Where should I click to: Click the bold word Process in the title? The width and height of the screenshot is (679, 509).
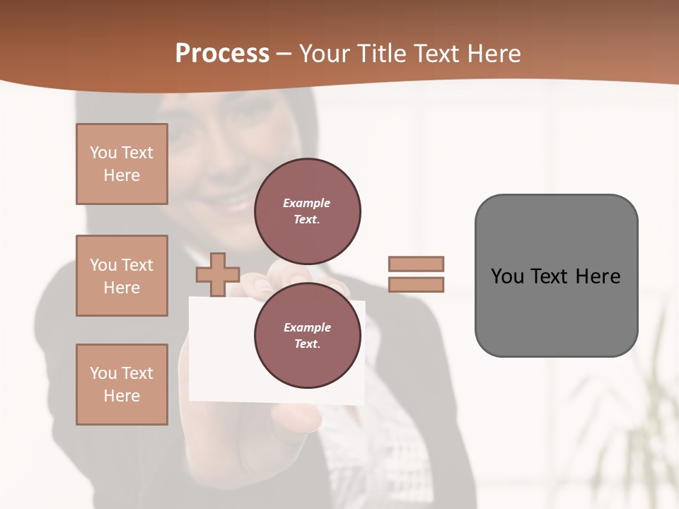222,54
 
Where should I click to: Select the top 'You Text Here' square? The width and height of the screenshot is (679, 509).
122,164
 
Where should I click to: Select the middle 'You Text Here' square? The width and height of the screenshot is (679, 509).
122,276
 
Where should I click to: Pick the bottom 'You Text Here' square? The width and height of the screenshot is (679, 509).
122,385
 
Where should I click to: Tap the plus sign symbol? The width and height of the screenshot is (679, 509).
218,274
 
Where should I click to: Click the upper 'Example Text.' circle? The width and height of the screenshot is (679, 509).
308,211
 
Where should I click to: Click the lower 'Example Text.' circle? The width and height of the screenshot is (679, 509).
308,335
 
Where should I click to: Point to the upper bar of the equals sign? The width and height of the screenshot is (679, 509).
416,264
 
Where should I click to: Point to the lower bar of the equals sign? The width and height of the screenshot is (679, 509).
416,284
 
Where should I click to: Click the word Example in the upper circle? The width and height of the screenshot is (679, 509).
306,203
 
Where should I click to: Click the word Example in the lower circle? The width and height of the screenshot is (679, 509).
307,327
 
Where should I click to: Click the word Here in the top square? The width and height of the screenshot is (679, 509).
122,175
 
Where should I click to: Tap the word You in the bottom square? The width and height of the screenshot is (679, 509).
103,373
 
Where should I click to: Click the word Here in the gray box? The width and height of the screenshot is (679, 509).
598,276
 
